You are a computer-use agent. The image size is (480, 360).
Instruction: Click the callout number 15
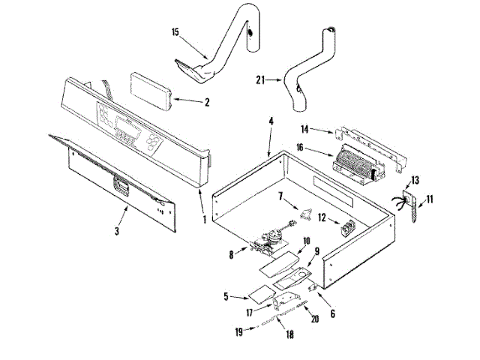(x=175, y=32)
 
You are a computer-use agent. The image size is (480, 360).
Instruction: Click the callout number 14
(x=326, y=129)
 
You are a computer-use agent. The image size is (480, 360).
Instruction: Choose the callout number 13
(x=415, y=180)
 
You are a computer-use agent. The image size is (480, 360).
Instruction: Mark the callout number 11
(x=430, y=199)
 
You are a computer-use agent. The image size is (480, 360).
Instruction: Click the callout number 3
(x=116, y=230)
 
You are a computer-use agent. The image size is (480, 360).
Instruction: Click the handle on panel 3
(x=121, y=183)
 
